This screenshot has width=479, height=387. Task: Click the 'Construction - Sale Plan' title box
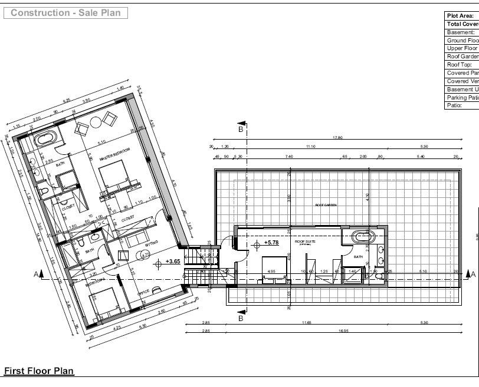tap(65, 12)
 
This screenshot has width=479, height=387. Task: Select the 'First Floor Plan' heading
tap(39, 371)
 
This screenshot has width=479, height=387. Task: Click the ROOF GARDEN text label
tap(326, 204)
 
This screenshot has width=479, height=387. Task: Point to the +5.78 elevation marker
tap(271, 242)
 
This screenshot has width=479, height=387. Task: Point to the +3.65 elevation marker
tap(173, 261)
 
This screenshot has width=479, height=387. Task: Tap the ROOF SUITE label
tap(304, 242)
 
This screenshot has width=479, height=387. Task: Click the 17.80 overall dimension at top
tap(337, 138)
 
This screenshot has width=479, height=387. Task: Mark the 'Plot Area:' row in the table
tap(461, 16)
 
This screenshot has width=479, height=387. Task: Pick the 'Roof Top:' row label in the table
tap(460, 65)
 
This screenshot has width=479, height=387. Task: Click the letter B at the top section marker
tap(240, 128)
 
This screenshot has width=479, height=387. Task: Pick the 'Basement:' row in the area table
tap(461, 32)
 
